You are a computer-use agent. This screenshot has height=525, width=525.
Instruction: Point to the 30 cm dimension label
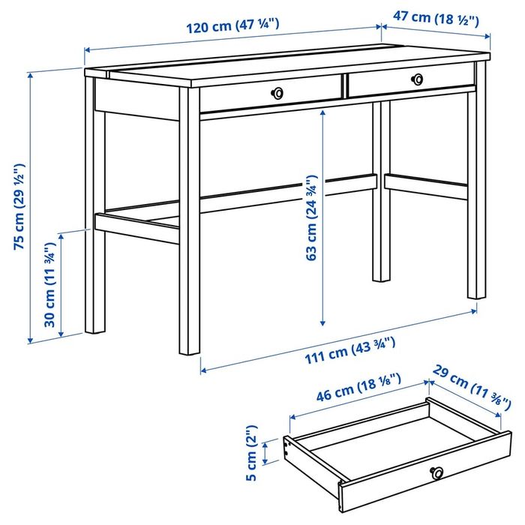tap(50, 283)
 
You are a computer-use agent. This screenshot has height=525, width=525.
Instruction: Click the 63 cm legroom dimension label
tap(310, 217)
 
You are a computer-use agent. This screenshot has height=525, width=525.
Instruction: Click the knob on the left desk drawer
tap(279, 92)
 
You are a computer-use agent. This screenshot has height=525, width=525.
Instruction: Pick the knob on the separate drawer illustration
tap(436, 472)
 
